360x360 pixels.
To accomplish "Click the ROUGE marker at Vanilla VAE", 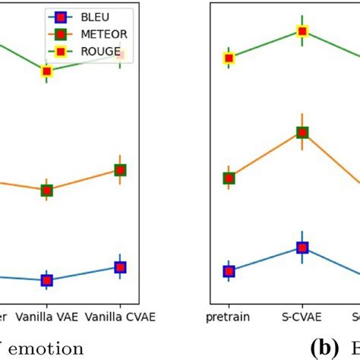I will (x=47, y=71).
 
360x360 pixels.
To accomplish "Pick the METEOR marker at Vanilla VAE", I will (x=47, y=190).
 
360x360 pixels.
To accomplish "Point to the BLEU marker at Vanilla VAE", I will (x=47, y=280).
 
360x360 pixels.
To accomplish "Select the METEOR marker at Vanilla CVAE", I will (x=120, y=170).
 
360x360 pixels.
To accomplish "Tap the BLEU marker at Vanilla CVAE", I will (x=120, y=267).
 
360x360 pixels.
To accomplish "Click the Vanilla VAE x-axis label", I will (x=47, y=315).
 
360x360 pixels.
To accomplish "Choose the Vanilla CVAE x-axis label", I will (x=120, y=315).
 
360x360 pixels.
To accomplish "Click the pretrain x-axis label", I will (x=229, y=315).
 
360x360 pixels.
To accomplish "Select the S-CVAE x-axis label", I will (x=302, y=315).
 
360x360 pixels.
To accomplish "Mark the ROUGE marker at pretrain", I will (x=229, y=58).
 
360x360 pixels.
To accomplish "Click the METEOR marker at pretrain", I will (x=229, y=178).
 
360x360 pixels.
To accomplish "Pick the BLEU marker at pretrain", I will (x=229, y=271).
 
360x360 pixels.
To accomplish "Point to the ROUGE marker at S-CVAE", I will (x=302, y=31).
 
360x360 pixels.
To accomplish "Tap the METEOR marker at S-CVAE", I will (x=302, y=132).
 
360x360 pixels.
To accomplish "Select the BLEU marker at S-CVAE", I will (x=302, y=248).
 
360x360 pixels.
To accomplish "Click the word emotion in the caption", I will (x=47, y=349).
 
